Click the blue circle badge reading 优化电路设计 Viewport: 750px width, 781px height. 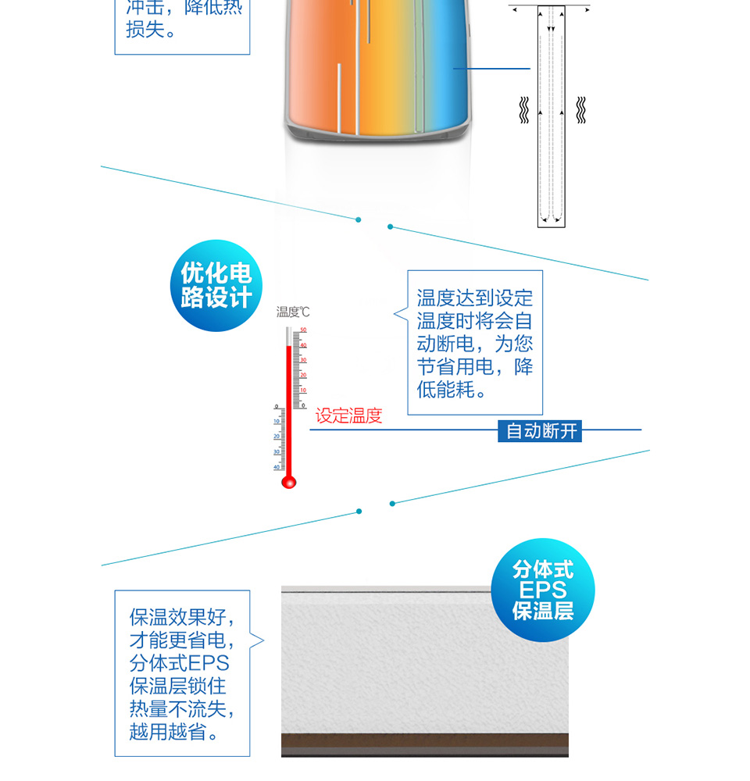click(x=216, y=286)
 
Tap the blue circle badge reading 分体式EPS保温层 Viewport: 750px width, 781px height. click(x=543, y=590)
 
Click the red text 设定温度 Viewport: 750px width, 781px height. click(x=348, y=416)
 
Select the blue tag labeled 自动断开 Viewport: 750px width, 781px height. click(x=541, y=430)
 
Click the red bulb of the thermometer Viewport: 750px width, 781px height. click(x=288, y=482)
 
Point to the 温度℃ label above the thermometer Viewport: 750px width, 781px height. click(x=293, y=312)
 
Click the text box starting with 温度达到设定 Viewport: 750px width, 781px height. click(x=474, y=343)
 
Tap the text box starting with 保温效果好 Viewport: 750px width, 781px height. click(x=182, y=673)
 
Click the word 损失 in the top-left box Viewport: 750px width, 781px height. click(x=145, y=31)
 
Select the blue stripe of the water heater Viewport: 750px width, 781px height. click(x=449, y=70)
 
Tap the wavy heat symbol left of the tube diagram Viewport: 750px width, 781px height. click(x=525, y=110)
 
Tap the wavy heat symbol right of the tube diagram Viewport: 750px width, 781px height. click(x=580, y=110)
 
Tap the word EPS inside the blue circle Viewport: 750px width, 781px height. click(x=543, y=590)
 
